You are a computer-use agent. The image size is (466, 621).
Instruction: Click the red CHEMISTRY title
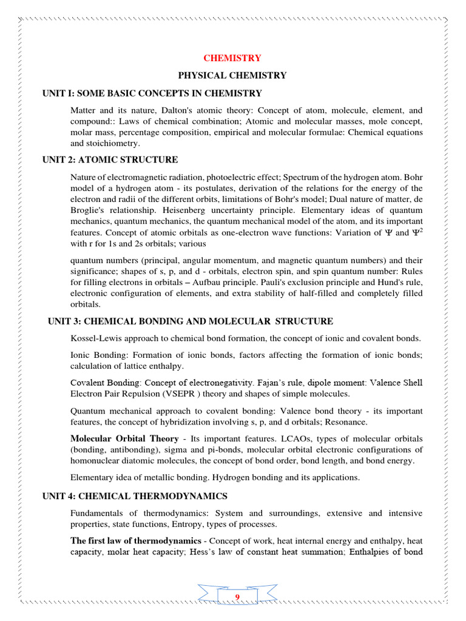(232, 58)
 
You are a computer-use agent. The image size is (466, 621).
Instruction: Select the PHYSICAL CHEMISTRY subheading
(232, 76)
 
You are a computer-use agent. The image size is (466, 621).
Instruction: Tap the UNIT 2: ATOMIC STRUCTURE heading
(110, 159)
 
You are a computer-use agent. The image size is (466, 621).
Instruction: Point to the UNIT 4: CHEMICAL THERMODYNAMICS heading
(135, 496)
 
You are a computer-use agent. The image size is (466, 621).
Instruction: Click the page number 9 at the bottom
(237, 599)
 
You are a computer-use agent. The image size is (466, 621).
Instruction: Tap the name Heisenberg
(165, 210)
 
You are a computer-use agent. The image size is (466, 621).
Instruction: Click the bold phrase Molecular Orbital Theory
(124, 438)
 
